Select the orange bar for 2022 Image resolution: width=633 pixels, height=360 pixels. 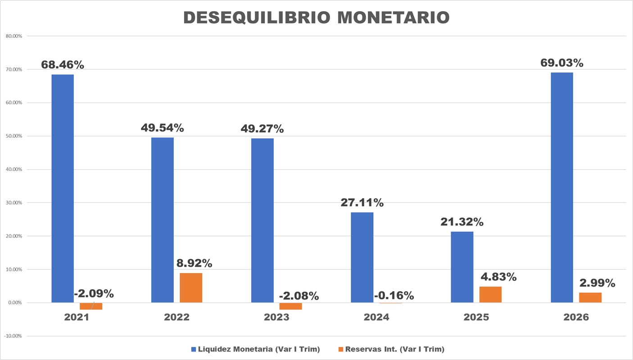click(x=191, y=288)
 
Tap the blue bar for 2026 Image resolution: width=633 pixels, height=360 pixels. click(x=562, y=188)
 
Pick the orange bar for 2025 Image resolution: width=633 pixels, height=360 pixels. click(x=490, y=295)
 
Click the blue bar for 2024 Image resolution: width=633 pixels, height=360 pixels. click(x=362, y=257)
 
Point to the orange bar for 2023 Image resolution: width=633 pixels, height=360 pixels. click(x=290, y=306)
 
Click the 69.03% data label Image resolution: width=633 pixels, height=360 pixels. click(x=562, y=63)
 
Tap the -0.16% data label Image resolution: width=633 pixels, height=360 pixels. click(x=393, y=296)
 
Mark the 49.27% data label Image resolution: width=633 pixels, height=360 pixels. click(x=262, y=129)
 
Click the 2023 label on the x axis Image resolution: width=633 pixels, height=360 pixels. click(x=277, y=317)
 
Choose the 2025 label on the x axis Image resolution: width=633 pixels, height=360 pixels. click(x=476, y=317)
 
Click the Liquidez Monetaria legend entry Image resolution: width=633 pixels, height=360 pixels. click(x=255, y=349)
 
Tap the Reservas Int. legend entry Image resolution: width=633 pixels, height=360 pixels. click(x=391, y=349)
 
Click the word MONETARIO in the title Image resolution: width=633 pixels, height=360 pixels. click(x=393, y=17)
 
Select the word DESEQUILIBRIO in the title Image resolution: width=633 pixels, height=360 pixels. click(x=258, y=17)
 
